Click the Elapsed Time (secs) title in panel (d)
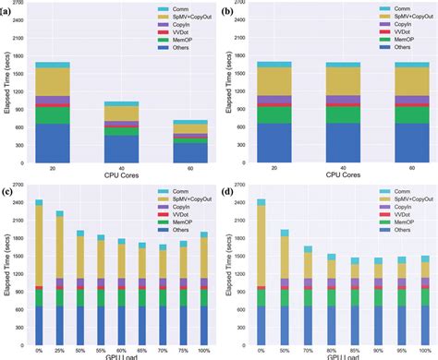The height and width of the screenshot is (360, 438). (x=231, y=269)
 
